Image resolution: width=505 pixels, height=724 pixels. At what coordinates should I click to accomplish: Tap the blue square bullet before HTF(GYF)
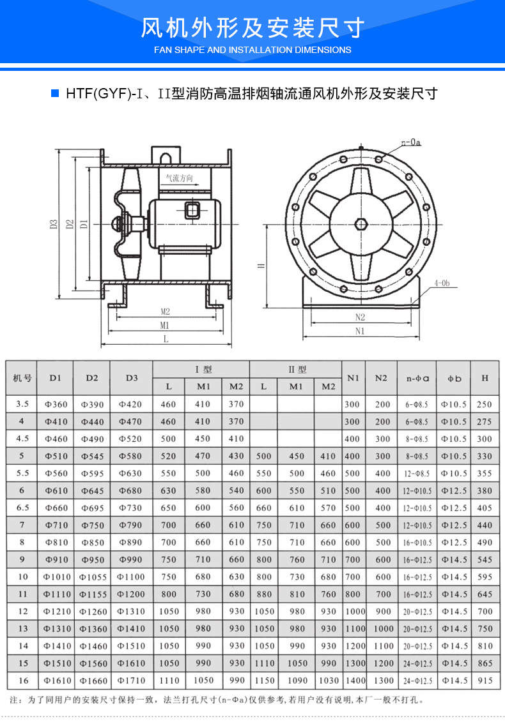pos(55,93)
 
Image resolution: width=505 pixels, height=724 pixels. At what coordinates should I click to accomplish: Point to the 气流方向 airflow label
pos(179,179)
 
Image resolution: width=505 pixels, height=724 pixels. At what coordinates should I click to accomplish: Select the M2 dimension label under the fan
pos(165,312)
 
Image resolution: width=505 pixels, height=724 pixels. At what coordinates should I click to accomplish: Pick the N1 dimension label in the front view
pos(359,331)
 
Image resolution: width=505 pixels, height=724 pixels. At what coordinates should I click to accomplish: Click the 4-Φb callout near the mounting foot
pos(442,282)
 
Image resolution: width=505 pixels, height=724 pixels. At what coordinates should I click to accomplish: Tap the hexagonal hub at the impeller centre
pos(361,224)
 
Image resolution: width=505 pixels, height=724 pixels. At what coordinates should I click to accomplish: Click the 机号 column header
pos(22,378)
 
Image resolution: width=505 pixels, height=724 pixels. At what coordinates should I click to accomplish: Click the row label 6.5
pos(22,508)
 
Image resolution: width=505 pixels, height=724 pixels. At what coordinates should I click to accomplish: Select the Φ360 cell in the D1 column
pos(56,404)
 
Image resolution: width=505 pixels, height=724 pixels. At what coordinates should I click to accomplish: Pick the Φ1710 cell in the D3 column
pos(131,681)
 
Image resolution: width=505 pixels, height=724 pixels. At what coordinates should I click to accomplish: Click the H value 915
pos(485,681)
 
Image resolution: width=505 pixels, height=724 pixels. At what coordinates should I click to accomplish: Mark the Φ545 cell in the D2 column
pos(92,456)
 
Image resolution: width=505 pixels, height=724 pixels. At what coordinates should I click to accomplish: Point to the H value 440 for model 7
pos(485,525)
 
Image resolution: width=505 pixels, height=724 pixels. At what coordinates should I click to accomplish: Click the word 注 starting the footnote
pos(13,700)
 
